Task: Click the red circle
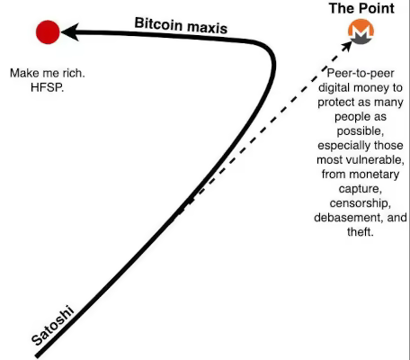(48, 32)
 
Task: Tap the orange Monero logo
(361, 31)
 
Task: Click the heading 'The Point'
(361, 8)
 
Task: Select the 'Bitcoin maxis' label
(181, 26)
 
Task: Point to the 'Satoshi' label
(53, 325)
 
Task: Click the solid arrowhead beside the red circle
(70, 31)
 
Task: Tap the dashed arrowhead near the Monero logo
(347, 45)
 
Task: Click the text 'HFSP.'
(48, 87)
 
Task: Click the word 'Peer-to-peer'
(361, 73)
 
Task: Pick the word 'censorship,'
(361, 203)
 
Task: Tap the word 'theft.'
(361, 231)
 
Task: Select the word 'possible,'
(361, 131)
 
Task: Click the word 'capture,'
(361, 189)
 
